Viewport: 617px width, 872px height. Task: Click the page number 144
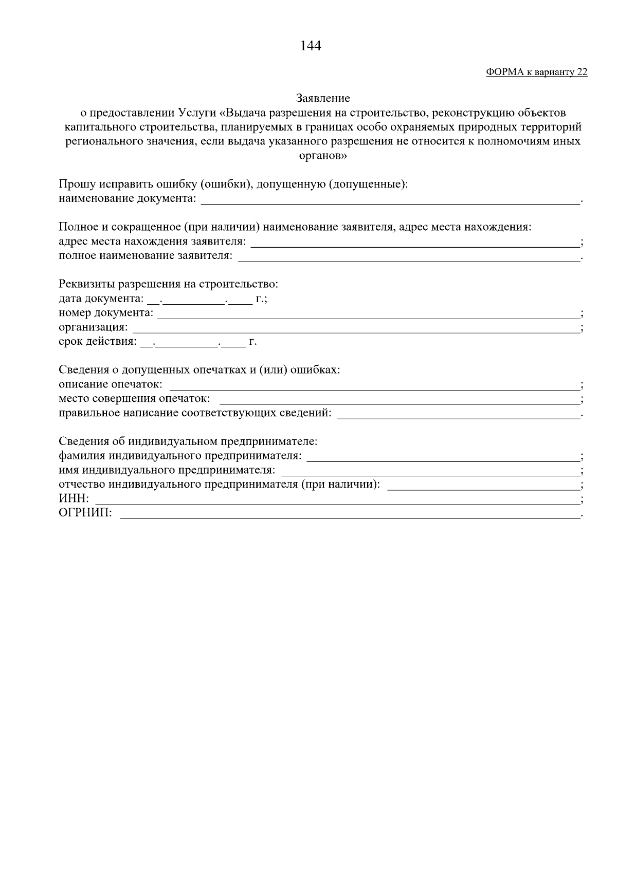point(310,46)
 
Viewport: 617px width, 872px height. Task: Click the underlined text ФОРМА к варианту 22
point(536,72)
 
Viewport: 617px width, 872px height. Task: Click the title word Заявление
point(323,98)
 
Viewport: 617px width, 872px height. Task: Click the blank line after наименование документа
point(390,200)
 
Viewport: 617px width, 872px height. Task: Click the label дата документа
point(101,299)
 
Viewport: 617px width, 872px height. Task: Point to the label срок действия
point(98,342)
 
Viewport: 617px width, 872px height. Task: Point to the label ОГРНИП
point(85,513)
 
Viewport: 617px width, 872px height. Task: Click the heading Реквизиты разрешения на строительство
point(169,284)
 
